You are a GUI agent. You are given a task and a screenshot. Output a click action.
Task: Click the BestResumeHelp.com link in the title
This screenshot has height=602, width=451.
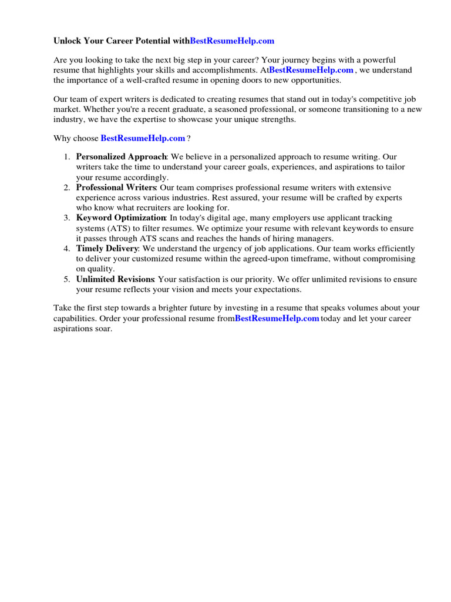coord(232,41)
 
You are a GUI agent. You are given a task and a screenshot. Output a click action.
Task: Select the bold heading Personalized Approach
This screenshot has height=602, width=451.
coord(122,157)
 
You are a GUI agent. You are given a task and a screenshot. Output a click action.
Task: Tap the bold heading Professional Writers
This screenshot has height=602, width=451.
coord(116,188)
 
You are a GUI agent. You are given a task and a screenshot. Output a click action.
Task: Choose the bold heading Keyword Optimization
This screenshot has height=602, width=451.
coord(121,218)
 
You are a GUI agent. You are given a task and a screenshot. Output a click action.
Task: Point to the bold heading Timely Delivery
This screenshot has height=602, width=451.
coord(107,249)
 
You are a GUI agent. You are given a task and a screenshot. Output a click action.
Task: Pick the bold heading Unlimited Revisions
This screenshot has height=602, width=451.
coord(115,279)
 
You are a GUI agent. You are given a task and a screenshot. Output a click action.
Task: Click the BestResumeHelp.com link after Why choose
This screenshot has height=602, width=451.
coord(143,138)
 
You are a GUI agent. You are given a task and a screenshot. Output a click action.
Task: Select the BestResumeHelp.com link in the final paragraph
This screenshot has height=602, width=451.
coord(277,318)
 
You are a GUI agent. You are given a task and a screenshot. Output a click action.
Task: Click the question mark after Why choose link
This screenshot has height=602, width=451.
coord(189,138)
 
